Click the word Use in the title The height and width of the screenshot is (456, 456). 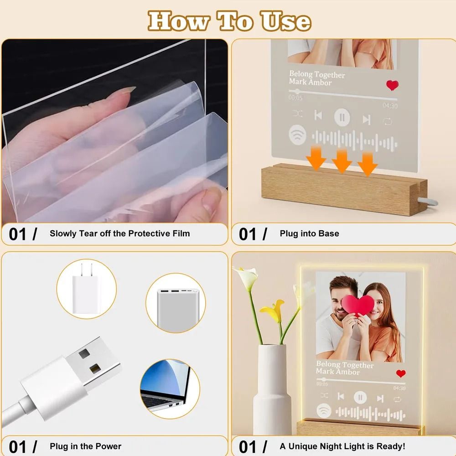(286, 21)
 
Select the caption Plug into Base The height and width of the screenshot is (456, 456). (309, 233)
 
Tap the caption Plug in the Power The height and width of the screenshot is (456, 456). (85, 446)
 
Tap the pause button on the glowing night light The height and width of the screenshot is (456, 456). (360, 398)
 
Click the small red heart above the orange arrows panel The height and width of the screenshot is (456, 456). (392, 85)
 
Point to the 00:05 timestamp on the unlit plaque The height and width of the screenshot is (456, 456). (295, 98)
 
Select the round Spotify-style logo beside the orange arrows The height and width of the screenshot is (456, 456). (298, 135)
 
